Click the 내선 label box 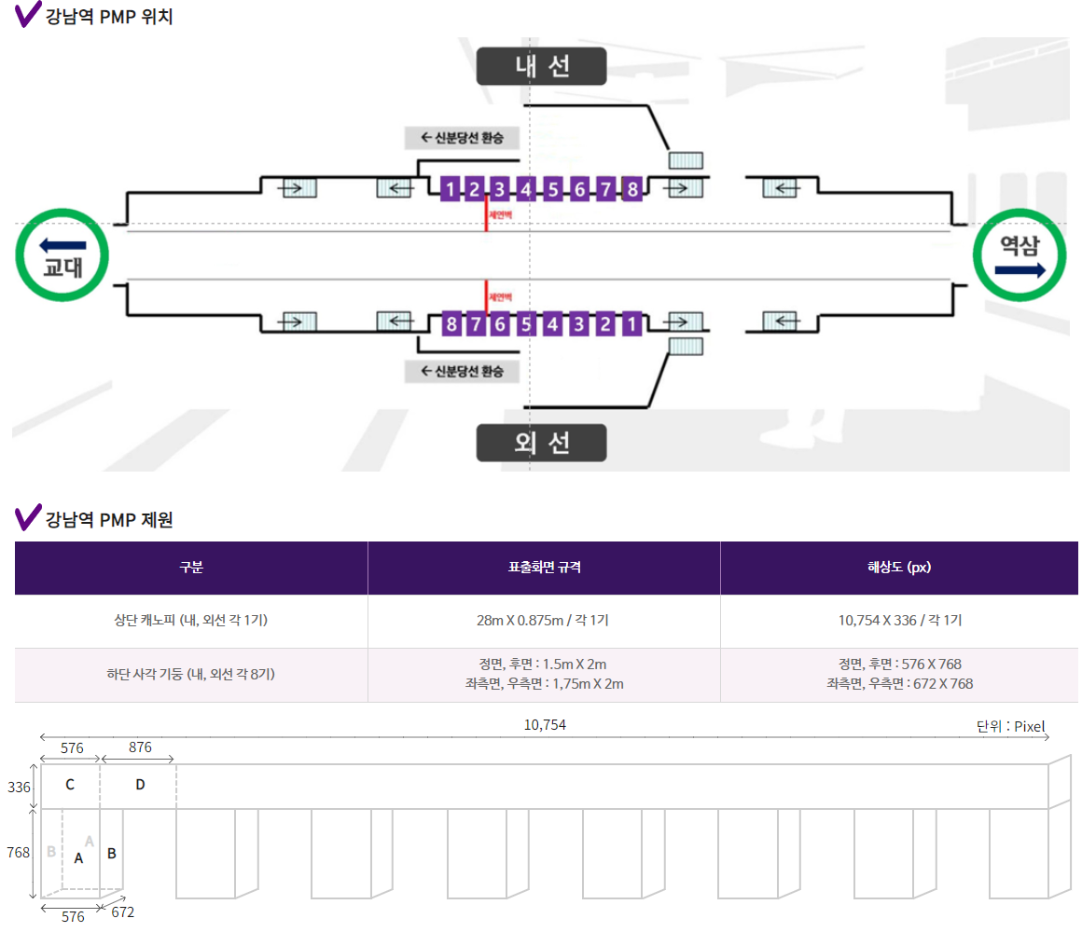click(541, 66)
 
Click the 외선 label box click(541, 443)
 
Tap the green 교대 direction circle click(63, 254)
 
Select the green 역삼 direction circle click(1020, 254)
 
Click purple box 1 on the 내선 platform click(451, 189)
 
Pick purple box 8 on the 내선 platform click(632, 189)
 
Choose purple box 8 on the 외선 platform click(451, 324)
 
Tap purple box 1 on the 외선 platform click(631, 324)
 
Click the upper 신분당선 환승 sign click(462, 138)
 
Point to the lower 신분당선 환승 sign click(462, 371)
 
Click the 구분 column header click(191, 568)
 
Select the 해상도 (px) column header click(898, 568)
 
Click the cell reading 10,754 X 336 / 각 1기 click(899, 621)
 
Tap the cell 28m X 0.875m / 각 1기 click(544, 621)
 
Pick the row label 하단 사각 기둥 click(191, 674)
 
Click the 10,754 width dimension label click(545, 725)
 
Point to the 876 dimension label click(140, 747)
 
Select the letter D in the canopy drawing click(140, 785)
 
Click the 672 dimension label click(122, 911)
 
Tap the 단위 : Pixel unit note click(1011, 726)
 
